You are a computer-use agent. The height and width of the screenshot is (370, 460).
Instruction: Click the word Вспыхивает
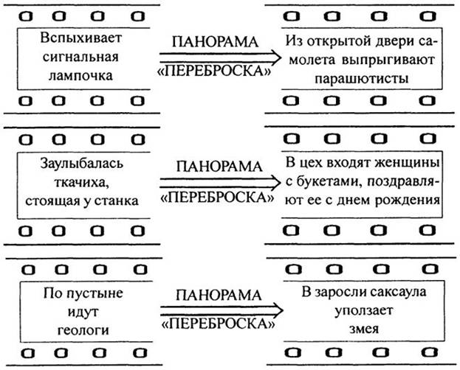(81, 38)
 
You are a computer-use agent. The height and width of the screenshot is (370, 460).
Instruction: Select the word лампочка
(80, 76)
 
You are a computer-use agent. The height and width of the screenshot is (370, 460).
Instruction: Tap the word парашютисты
(362, 79)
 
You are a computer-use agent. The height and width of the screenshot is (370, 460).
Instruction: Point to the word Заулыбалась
(82, 164)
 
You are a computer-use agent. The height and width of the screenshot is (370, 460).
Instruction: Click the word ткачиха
(80, 183)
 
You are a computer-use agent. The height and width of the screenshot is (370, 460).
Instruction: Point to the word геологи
(83, 330)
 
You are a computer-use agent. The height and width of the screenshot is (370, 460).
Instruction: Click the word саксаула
(397, 292)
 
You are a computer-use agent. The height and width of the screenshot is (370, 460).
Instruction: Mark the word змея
(364, 329)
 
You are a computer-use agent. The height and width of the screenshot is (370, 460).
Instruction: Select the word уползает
(364, 310)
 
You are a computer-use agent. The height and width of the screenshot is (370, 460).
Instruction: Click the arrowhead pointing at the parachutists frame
(277, 57)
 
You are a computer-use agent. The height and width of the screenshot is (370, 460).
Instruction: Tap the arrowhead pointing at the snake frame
(278, 310)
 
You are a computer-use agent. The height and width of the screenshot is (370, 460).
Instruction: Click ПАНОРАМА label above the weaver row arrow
(219, 167)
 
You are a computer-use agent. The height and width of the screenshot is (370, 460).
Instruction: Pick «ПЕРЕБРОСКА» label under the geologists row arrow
(219, 324)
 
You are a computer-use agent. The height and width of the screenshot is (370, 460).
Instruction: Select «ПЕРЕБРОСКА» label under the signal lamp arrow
(215, 71)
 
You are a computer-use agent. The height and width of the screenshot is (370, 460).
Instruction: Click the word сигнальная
(80, 57)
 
